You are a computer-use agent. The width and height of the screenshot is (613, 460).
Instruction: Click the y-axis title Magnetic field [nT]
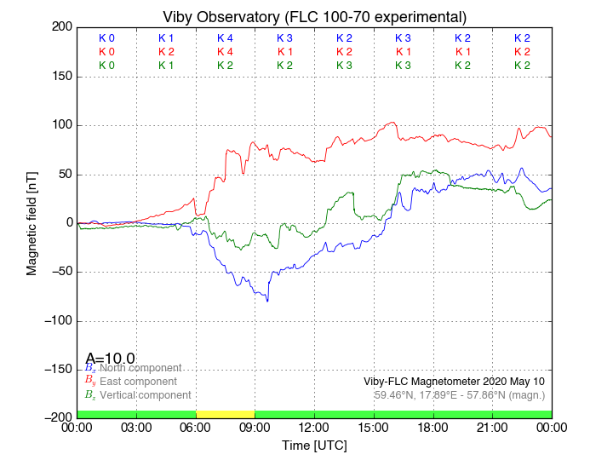[x=32, y=221]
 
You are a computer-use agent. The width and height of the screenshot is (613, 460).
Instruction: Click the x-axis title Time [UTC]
[x=314, y=446]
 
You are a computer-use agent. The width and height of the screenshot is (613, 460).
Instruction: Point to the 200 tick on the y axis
[x=60, y=27]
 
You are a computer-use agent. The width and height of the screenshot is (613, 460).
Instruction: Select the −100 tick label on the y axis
[x=56, y=320]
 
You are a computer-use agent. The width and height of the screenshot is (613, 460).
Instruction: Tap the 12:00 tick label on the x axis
[x=314, y=428]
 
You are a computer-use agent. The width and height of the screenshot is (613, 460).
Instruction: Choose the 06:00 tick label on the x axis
[x=196, y=428]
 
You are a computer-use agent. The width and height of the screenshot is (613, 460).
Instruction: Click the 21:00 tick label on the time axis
[x=492, y=428]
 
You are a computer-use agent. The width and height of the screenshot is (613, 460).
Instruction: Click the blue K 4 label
[x=225, y=38]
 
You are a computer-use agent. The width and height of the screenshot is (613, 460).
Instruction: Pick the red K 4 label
[x=225, y=52]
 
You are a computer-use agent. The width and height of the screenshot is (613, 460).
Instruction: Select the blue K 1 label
[x=166, y=38]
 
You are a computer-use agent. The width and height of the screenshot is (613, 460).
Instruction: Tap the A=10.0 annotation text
[x=110, y=359]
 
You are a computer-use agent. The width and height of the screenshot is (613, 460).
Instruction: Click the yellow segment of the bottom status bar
[x=225, y=414]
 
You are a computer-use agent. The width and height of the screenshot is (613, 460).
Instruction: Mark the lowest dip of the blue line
[x=267, y=301]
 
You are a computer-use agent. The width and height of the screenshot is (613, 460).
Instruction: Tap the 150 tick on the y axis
[x=60, y=77]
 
